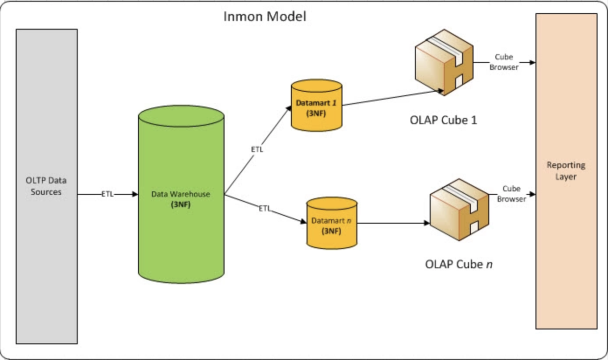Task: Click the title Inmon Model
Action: (265, 16)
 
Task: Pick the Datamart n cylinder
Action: (332, 235)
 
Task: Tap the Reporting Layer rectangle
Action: (566, 245)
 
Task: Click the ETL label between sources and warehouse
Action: (107, 194)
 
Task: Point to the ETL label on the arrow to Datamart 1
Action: (257, 150)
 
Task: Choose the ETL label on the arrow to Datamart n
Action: (264, 208)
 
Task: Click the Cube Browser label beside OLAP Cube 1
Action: (504, 62)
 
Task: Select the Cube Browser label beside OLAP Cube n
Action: (511, 194)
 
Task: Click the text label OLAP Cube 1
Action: (443, 120)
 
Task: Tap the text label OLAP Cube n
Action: (458, 264)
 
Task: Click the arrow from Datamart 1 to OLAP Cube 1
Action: (392, 98)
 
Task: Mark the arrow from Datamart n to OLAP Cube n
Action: (392, 223)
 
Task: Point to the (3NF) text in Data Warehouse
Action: (180, 205)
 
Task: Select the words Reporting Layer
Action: (566, 171)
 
